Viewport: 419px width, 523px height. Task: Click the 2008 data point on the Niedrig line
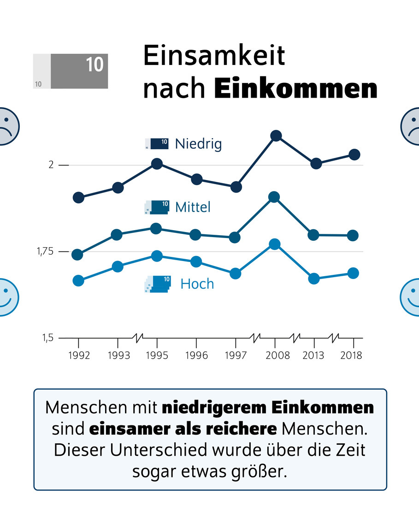point(276,136)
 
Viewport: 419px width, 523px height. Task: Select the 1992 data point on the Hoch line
point(78,281)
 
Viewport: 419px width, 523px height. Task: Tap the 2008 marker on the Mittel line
point(274,198)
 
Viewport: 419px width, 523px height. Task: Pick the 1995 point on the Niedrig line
point(157,164)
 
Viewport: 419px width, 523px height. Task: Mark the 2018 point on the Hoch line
point(353,273)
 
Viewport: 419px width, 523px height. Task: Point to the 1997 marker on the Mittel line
point(235,238)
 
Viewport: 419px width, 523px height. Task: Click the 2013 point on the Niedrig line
point(316,163)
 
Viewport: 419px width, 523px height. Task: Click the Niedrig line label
point(198,144)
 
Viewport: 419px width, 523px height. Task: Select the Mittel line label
point(193,207)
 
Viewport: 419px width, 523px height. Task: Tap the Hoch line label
point(197,284)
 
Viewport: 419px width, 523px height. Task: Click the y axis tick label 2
point(51,165)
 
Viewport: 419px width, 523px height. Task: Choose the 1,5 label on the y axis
point(48,338)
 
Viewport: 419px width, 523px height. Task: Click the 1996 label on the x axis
point(196,355)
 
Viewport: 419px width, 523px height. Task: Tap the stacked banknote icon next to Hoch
point(157,284)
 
